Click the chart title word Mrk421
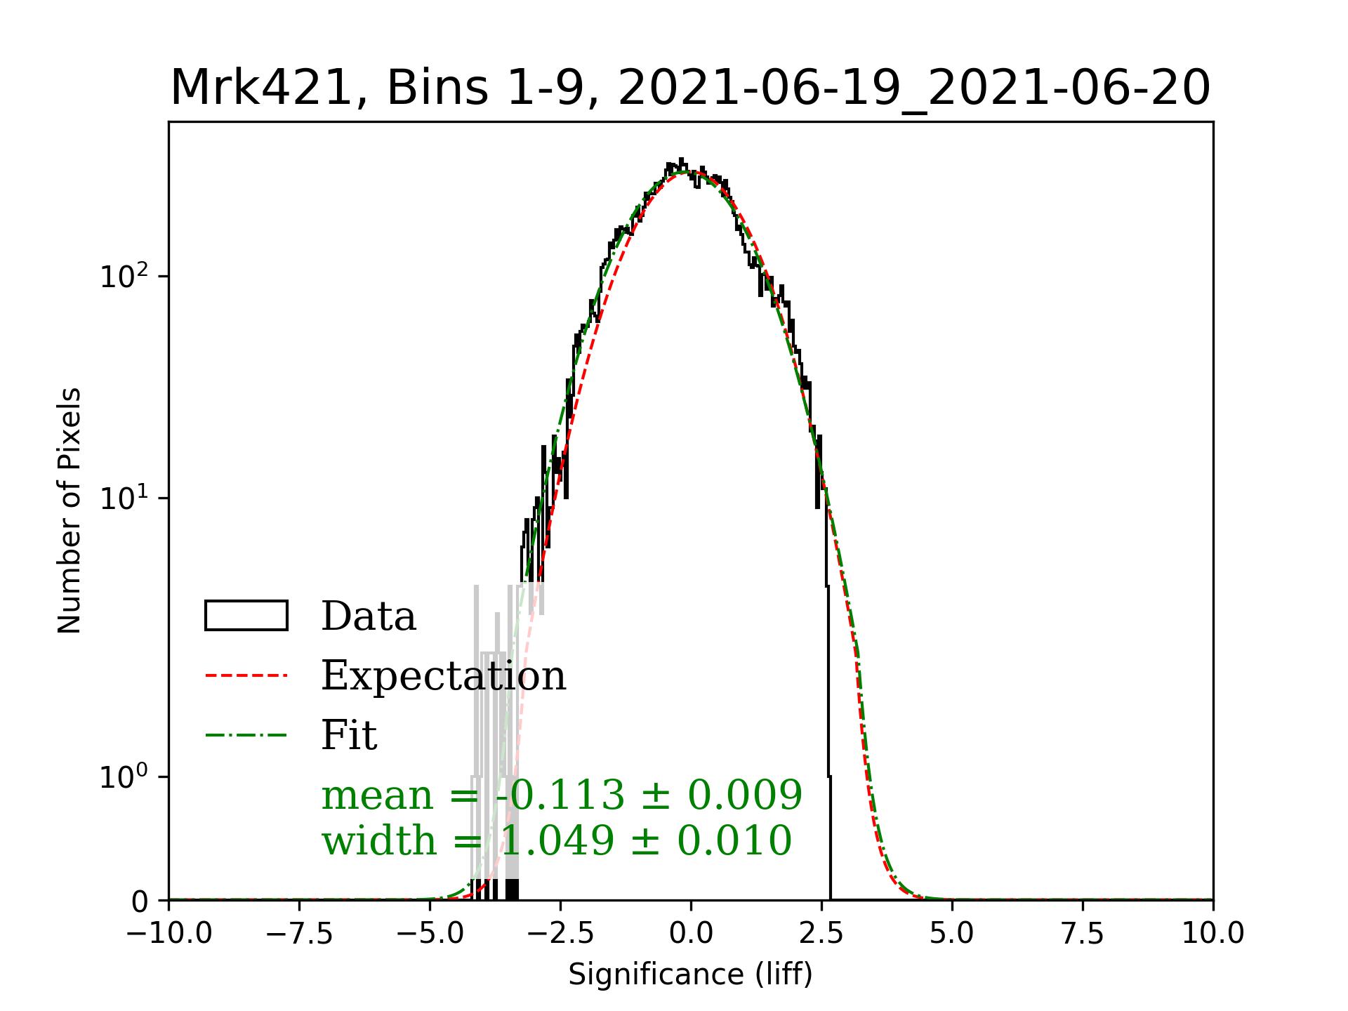point(260,88)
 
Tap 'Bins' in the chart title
point(437,88)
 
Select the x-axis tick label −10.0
point(169,934)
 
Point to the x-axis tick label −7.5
point(300,934)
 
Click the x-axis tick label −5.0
point(430,934)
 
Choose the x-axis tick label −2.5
point(561,934)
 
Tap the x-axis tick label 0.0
point(691,934)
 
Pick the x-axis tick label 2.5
point(821,934)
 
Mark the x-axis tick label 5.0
point(952,934)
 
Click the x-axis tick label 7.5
point(1083,934)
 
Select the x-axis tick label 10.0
point(1213,934)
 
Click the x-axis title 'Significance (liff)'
point(691,974)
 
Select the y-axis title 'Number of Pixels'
point(70,510)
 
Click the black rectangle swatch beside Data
point(246,616)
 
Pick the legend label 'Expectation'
point(443,675)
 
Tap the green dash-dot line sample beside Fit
point(246,735)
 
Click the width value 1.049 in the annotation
point(557,840)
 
